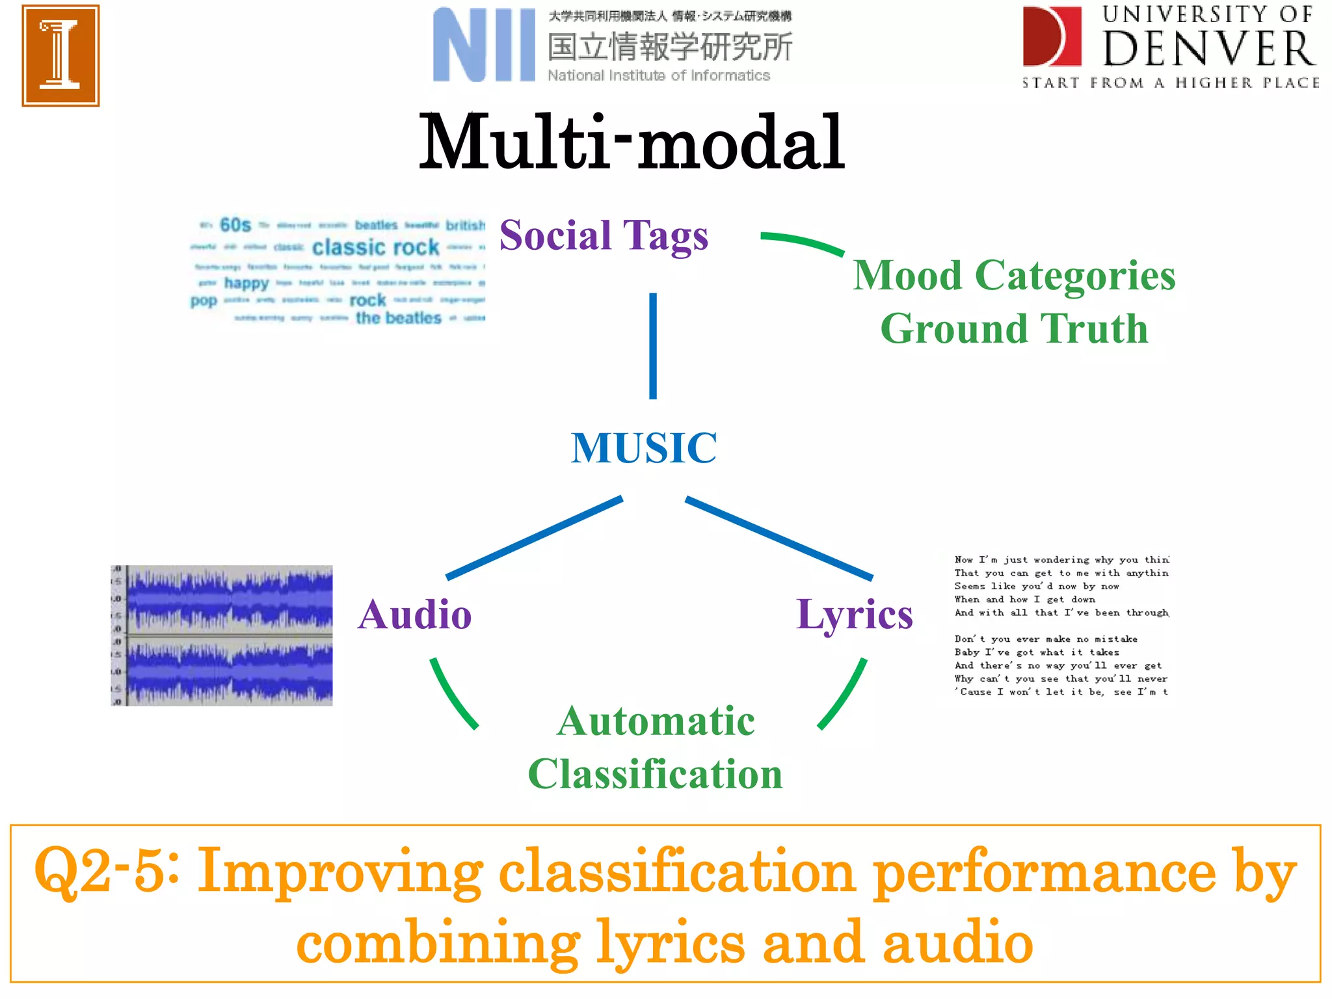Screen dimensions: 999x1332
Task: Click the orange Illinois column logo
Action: [x=60, y=55]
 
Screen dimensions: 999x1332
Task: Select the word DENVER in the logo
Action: [x=1208, y=49]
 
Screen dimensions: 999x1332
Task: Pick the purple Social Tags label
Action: [x=604, y=235]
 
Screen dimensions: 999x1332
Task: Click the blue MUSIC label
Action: [x=644, y=448]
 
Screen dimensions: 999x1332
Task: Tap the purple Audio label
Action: [x=415, y=615]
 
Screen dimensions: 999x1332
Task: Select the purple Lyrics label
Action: [x=854, y=615]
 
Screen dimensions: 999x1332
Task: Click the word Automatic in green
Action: [x=656, y=721]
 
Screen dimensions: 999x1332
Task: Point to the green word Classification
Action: [x=655, y=774]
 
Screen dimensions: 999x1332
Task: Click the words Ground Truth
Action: [x=1014, y=328]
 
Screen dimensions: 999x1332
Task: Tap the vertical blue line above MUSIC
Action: [x=653, y=345]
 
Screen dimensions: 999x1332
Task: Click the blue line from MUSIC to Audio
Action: [x=534, y=538]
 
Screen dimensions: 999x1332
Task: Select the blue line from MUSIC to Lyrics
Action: [x=779, y=538]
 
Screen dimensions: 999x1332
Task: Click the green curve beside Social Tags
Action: [x=802, y=242]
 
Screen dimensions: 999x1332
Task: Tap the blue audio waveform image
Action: [x=222, y=635]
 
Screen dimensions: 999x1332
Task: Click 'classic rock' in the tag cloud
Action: [x=375, y=247]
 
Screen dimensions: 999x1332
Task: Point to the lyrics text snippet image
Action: [x=1061, y=626]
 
